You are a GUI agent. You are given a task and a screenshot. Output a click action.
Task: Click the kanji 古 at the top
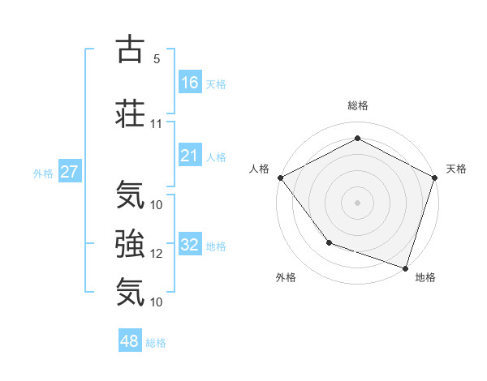[130, 49]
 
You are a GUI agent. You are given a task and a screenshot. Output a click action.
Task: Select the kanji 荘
[130, 113]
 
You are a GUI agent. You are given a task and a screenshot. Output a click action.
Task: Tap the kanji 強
[130, 242]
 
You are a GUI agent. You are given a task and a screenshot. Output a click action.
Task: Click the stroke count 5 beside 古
[156, 59]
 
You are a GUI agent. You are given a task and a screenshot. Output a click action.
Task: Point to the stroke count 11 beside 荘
[157, 124]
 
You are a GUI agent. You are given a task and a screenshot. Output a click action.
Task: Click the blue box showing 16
[190, 82]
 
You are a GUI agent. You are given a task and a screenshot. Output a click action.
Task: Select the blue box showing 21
[190, 156]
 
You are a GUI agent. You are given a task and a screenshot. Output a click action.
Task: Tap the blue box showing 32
[190, 245]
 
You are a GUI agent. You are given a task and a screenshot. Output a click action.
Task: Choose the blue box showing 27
[70, 172]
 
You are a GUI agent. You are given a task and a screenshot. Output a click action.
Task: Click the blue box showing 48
[130, 341]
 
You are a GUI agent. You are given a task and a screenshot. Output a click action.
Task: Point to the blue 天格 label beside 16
[216, 83]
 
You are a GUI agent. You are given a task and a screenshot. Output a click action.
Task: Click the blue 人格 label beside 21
[216, 157]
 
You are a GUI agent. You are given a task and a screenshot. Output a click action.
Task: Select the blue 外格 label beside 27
[43, 173]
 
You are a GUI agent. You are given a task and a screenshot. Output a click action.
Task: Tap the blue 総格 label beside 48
[156, 343]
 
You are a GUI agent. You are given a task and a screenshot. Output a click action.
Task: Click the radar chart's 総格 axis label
[358, 105]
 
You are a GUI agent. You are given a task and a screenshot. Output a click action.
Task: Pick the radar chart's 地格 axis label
[425, 277]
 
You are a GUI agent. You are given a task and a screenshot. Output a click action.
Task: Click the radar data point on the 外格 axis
[329, 242]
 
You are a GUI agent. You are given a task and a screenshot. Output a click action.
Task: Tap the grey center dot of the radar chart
[358, 202]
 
